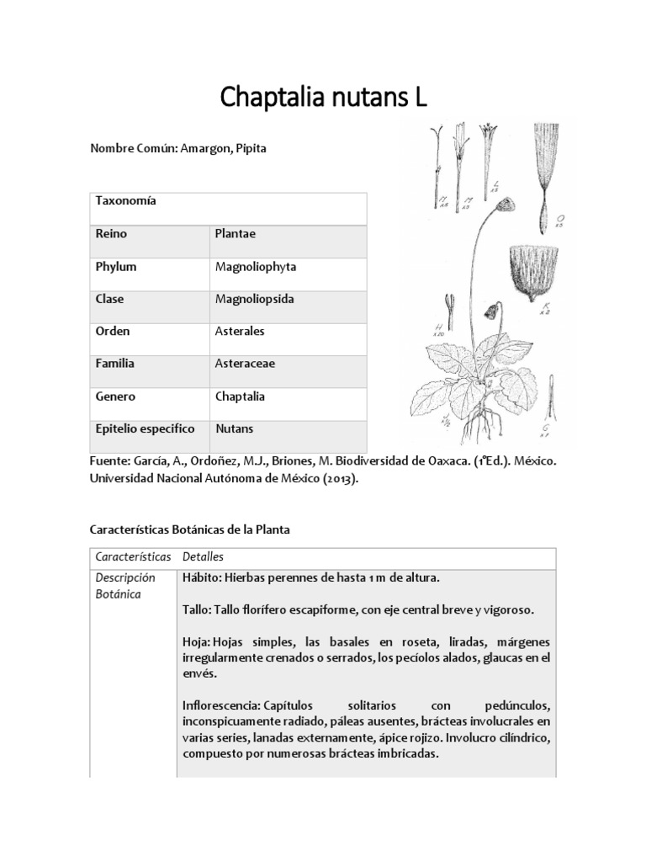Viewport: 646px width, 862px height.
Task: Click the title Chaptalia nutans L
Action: pos(323,98)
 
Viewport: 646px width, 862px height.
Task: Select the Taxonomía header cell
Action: pos(126,202)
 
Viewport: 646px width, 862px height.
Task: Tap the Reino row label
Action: pos(111,234)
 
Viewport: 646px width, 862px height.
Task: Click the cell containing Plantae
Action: pos(236,234)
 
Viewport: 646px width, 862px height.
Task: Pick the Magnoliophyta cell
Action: pos(256,267)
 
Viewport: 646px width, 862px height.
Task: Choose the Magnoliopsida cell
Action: pos(253,299)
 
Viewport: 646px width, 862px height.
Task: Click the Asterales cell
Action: pos(240,332)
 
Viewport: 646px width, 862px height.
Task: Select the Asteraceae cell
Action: pos(246,364)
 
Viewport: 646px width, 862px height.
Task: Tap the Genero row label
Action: pos(115,396)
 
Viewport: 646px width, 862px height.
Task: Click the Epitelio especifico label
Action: pos(145,428)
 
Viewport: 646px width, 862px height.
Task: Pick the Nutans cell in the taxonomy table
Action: pos(235,428)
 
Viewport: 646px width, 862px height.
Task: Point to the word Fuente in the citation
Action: pos(109,462)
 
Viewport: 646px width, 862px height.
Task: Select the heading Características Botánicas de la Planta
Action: pos(189,530)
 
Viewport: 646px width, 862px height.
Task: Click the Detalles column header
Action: pos(203,557)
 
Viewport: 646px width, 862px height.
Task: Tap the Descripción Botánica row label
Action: pos(126,586)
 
